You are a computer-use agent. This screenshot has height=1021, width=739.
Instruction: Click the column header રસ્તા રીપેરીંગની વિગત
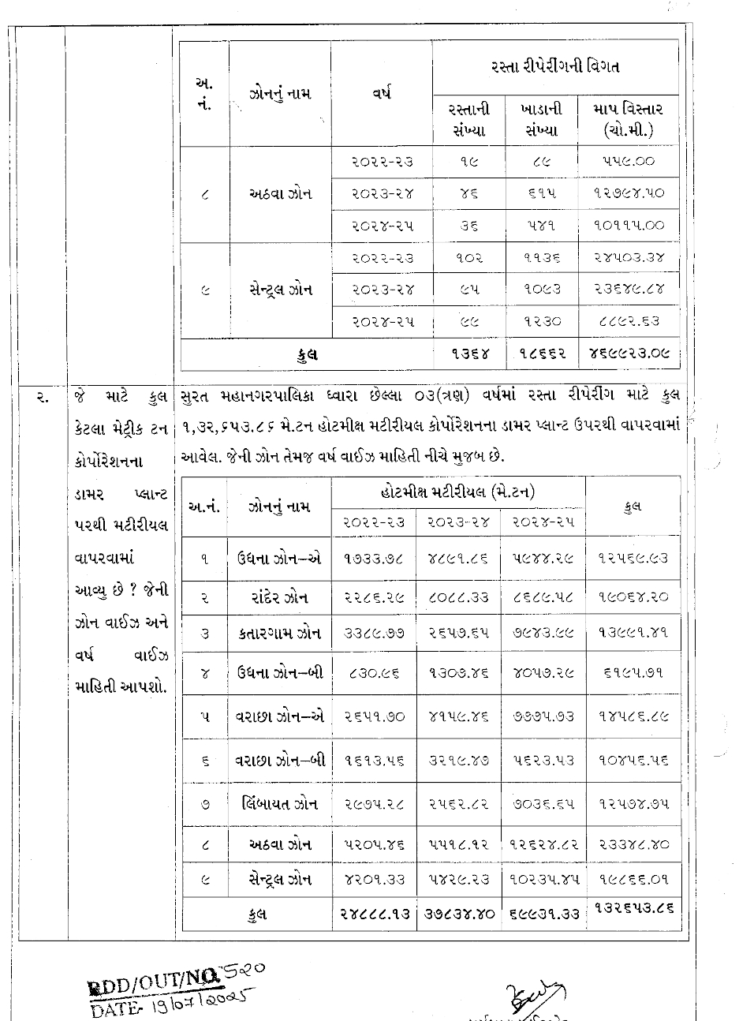coord(554,67)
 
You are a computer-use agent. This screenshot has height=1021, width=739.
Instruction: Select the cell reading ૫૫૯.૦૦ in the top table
coord(628,162)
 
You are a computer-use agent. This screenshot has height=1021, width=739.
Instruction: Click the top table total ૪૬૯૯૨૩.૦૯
coord(628,354)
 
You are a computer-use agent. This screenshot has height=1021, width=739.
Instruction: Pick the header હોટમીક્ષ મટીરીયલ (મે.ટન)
coord(457,492)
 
